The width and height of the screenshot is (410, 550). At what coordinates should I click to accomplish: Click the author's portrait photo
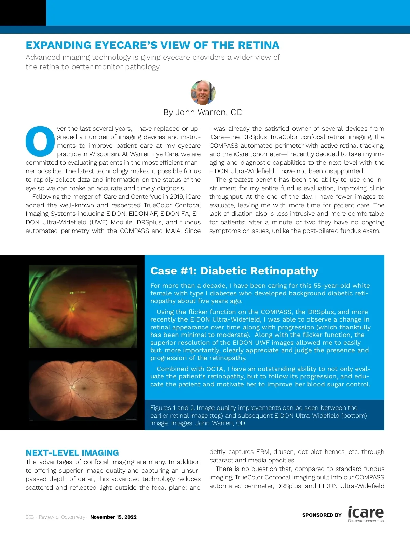coord(203,92)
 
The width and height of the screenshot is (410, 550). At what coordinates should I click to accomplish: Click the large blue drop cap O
coord(40,141)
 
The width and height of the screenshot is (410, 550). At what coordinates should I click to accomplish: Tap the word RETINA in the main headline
coord(259,45)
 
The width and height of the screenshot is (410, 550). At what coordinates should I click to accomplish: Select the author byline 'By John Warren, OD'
coord(203,112)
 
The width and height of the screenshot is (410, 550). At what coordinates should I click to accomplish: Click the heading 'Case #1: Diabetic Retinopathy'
coord(234,271)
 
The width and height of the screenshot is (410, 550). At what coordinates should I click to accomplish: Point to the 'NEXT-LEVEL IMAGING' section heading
coord(72,453)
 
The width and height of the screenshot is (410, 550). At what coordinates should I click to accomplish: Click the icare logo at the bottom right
coord(366,512)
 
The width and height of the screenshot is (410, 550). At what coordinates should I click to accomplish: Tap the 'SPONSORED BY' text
coord(322,515)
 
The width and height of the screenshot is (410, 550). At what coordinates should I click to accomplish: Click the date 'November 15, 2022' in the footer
coord(113,517)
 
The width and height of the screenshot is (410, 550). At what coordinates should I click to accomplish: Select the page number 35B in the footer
coord(30,517)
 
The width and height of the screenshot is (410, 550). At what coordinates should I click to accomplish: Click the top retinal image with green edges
coord(83,306)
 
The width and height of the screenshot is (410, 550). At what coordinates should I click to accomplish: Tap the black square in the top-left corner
coord(23,13)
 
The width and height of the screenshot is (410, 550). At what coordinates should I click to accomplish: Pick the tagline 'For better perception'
coord(366,521)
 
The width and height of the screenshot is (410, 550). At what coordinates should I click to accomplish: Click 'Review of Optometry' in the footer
coord(62,517)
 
